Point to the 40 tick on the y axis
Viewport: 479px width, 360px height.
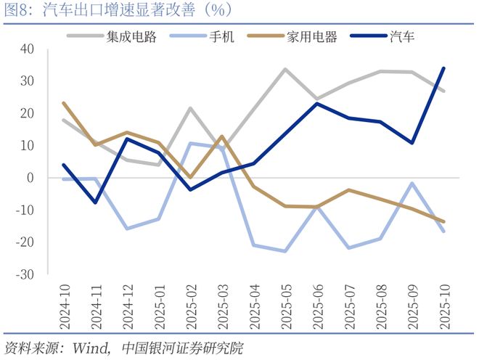pyautogui.click(x=27, y=49)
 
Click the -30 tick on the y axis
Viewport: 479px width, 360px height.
pyautogui.click(x=25, y=274)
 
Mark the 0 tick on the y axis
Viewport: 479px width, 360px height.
pyautogui.click(x=30, y=178)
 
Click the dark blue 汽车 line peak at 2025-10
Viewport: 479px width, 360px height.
pyautogui.click(x=443, y=68)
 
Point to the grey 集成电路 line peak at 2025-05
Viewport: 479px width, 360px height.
pyautogui.click(x=285, y=69)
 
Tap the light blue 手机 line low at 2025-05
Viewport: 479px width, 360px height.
pyautogui.click(x=285, y=251)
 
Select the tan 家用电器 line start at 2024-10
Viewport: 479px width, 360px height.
pyautogui.click(x=64, y=103)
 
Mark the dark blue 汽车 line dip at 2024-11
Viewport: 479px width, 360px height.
pyautogui.click(x=96, y=202)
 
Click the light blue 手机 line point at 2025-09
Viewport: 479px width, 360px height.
pyautogui.click(x=412, y=183)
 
